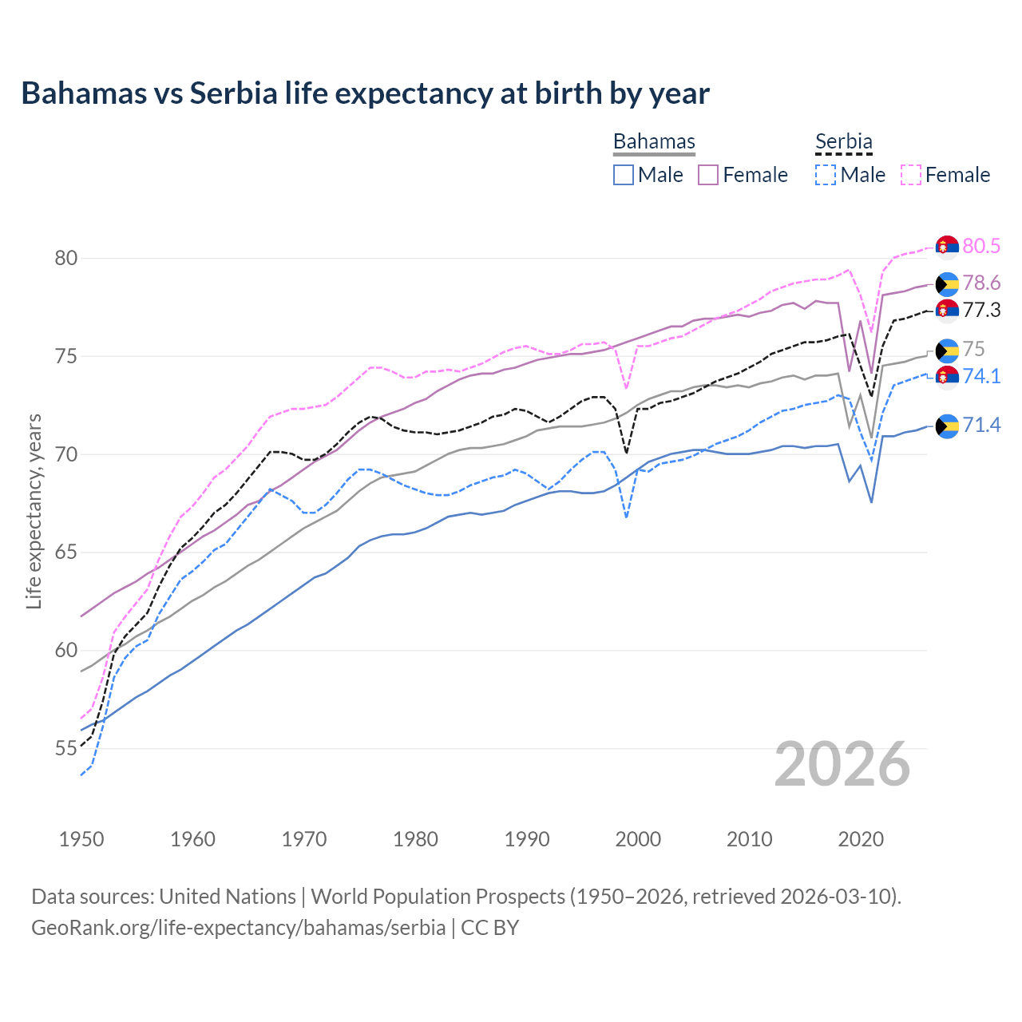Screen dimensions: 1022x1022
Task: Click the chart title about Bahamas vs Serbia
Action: (365, 93)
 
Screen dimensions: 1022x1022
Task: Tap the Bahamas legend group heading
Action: (654, 141)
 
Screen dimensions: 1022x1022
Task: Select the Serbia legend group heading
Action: (843, 141)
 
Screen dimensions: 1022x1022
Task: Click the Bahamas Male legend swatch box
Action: (624, 175)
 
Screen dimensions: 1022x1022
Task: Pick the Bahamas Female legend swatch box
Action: (708, 175)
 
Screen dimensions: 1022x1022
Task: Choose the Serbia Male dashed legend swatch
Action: (826, 175)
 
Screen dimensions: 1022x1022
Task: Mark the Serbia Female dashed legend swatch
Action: (911, 175)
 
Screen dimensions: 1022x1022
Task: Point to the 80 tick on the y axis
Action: (66, 258)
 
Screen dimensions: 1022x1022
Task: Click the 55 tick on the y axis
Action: (66, 749)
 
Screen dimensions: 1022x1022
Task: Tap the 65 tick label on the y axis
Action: (66, 553)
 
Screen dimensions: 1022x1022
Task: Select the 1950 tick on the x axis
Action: (81, 839)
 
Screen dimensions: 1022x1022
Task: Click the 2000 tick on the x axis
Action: (638, 839)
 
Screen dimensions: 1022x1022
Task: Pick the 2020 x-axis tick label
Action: (861, 839)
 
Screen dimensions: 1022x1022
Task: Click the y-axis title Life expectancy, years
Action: (34, 511)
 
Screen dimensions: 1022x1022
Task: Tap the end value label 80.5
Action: (981, 246)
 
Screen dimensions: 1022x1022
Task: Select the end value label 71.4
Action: (981, 426)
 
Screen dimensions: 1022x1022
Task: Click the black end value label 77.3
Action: (981, 311)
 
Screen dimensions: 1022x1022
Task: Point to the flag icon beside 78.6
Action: (947, 283)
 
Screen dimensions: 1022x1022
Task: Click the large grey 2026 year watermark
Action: (842, 764)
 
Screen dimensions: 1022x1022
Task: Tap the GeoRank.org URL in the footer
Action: (238, 928)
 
